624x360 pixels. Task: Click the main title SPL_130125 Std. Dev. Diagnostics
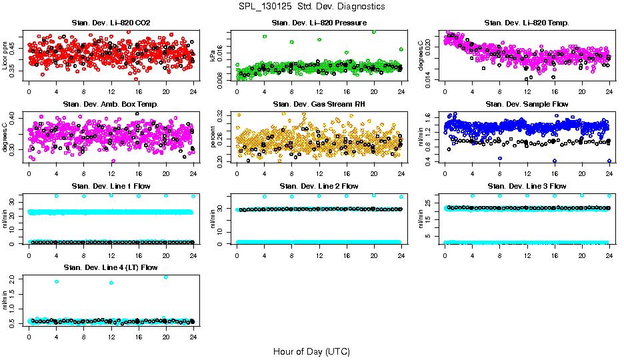tap(311, 6)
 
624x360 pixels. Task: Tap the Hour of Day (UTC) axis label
tap(311, 351)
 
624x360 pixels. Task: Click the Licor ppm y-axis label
tap(5, 56)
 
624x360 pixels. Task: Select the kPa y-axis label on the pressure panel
tap(213, 56)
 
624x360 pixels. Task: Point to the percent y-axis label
tap(213, 137)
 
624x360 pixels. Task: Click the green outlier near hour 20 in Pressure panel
tap(374, 31)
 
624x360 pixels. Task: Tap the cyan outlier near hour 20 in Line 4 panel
tap(166, 277)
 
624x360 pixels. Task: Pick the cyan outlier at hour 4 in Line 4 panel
tap(57, 281)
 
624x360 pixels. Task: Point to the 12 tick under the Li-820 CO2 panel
tap(111, 91)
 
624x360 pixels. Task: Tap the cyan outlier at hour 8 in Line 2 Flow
tap(292, 197)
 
